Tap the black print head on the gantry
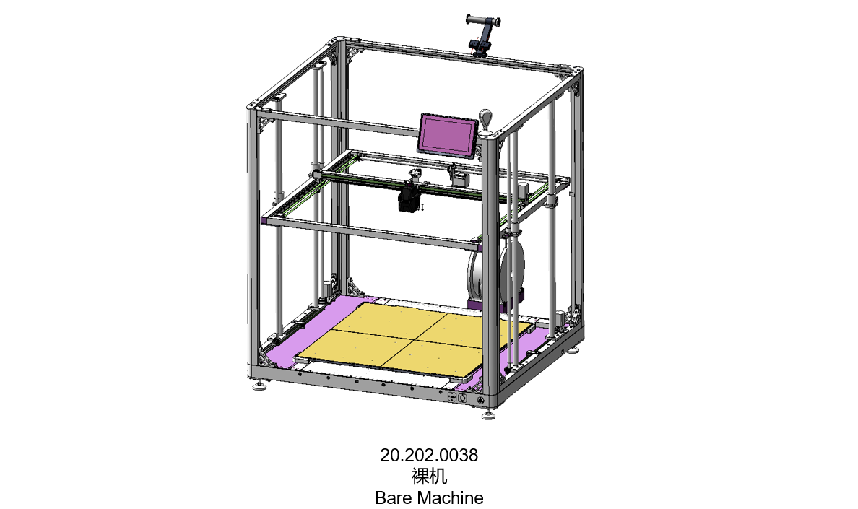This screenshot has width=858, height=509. click(x=409, y=197)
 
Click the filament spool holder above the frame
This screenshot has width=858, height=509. click(x=482, y=35)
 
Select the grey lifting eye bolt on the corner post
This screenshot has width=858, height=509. click(x=485, y=121)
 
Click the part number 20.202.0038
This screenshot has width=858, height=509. click(x=429, y=455)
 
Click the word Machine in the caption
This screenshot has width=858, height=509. click(x=451, y=497)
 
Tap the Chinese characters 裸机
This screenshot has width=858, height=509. click(x=429, y=477)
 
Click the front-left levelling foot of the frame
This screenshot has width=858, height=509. click(x=260, y=386)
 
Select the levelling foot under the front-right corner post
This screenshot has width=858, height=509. click(x=489, y=414)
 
